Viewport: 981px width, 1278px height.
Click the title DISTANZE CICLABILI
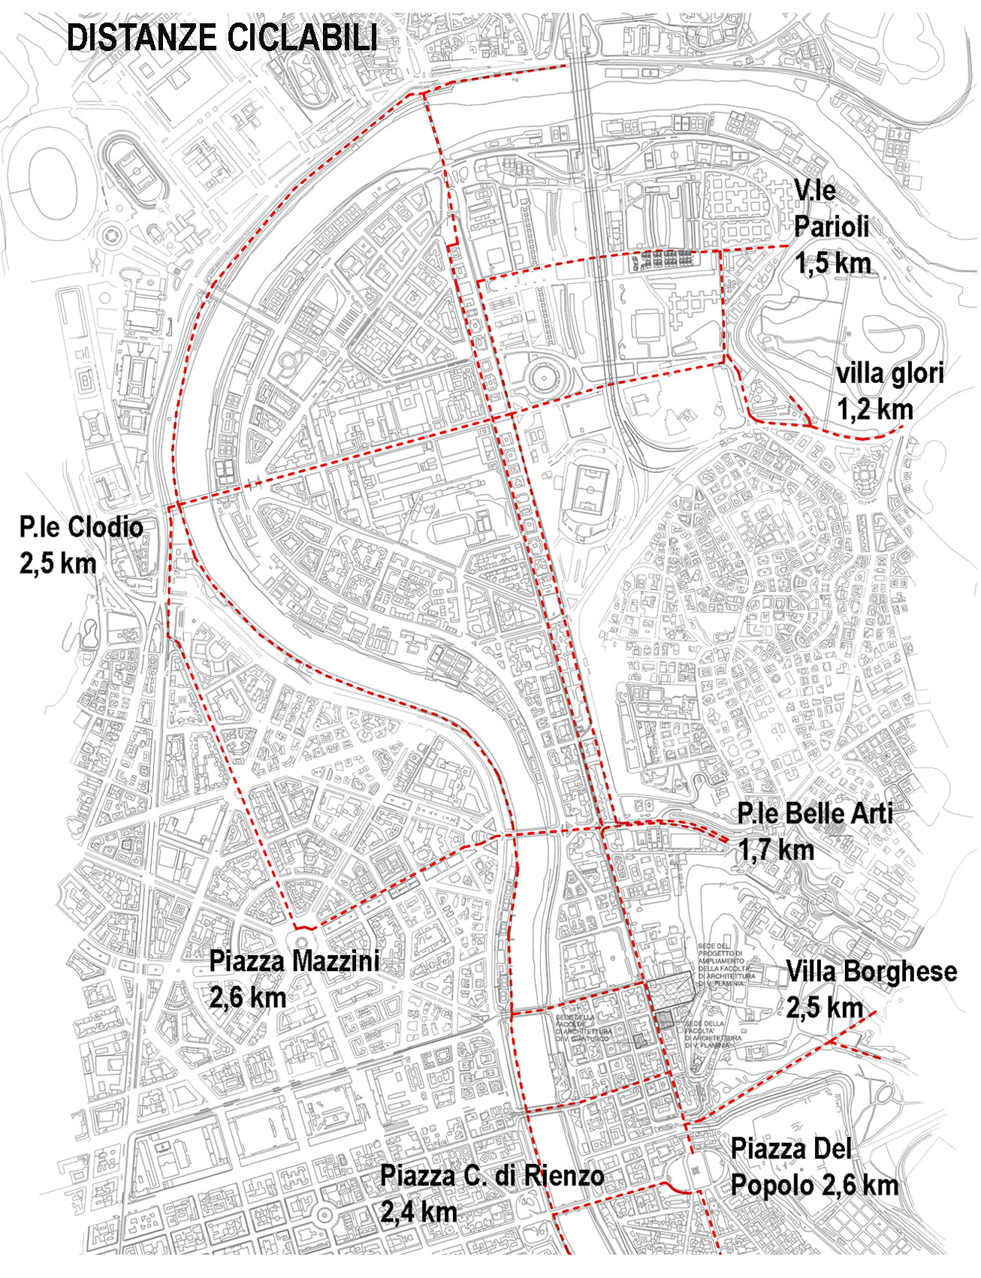click(222, 38)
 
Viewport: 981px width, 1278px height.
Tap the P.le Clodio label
click(81, 527)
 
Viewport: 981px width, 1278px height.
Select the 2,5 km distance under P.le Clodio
click(58, 564)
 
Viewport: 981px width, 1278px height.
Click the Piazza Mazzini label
click(294, 961)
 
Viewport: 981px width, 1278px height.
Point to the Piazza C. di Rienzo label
click(492, 1175)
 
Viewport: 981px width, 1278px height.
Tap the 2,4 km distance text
click(418, 1212)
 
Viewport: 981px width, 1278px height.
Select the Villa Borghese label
click(871, 972)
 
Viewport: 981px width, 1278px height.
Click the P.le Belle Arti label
click(814, 813)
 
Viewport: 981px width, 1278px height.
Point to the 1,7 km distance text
click(776, 850)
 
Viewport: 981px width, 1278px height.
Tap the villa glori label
click(890, 373)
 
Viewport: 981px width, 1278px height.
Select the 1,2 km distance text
click(875, 409)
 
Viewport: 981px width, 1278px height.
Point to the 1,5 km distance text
click(832, 263)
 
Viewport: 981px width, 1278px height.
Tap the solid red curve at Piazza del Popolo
click(679, 1189)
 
